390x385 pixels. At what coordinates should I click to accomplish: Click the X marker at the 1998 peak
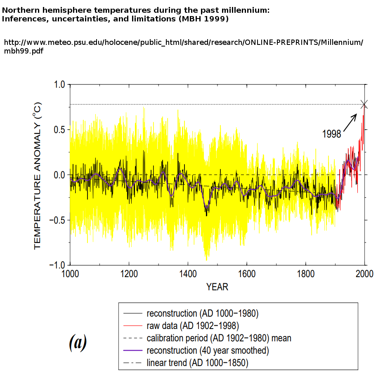[364, 104]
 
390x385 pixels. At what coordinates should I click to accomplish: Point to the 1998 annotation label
[331, 134]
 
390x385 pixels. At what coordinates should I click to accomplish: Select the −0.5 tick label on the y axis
[57, 220]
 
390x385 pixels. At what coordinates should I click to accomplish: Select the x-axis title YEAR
[217, 287]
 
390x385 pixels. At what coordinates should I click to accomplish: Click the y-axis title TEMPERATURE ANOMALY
[38, 175]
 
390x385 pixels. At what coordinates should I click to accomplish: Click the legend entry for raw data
[193, 326]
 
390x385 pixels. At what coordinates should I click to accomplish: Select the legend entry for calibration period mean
[219, 338]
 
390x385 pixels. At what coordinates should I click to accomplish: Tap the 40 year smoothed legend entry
[208, 351]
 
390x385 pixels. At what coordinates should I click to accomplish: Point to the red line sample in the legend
[132, 326]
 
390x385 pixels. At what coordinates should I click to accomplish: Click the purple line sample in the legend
[132, 351]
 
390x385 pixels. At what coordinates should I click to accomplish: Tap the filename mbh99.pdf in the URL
[24, 51]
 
